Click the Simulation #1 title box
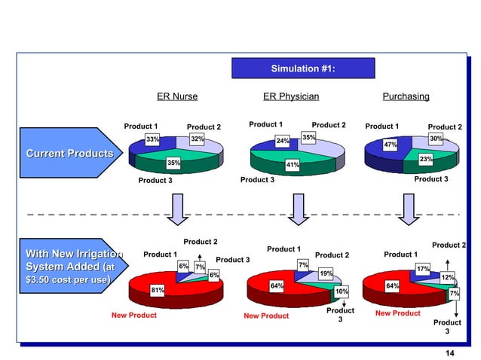pyautogui.click(x=302, y=69)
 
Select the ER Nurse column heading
pyautogui.click(x=177, y=96)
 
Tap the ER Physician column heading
pyautogui.click(x=291, y=96)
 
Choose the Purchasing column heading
pyautogui.click(x=406, y=96)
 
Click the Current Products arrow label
pyautogui.click(x=69, y=154)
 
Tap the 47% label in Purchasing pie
pyautogui.click(x=391, y=145)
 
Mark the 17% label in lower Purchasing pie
pyautogui.click(x=423, y=269)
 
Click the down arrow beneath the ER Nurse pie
pyautogui.click(x=178, y=209)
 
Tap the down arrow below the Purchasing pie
pyautogui.click(x=409, y=209)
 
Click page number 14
pyautogui.click(x=450, y=354)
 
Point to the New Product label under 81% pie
pyautogui.click(x=134, y=315)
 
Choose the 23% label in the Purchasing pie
pyautogui.click(x=426, y=160)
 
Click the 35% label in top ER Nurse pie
pyautogui.click(x=173, y=162)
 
